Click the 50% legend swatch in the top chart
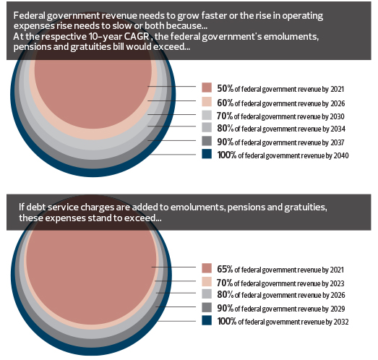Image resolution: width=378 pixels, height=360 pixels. click(207, 87)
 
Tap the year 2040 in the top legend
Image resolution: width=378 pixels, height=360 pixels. click(341, 155)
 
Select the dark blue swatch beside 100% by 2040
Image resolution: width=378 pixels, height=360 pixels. click(207, 154)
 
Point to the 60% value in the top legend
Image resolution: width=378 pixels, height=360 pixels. click(225, 103)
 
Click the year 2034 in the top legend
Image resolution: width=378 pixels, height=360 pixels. click(338, 129)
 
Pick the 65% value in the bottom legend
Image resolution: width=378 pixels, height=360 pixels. click(225, 269)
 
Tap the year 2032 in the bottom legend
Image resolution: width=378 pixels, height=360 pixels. click(341, 322)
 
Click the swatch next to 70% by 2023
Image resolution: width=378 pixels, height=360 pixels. click(207, 282)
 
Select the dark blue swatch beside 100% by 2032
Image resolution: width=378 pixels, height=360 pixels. click(207, 320)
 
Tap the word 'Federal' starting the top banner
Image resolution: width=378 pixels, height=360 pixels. click(29, 16)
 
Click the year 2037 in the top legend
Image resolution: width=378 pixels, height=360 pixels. click(337, 142)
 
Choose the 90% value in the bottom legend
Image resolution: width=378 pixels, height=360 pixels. click(225, 308)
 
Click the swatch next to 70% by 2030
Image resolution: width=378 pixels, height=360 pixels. click(207, 115)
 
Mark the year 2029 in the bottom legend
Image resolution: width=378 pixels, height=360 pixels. click(338, 309)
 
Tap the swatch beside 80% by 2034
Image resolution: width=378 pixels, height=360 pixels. click(207, 127)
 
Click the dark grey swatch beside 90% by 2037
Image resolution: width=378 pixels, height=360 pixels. click(207, 141)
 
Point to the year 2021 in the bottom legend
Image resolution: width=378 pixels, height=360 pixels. click(337, 270)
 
